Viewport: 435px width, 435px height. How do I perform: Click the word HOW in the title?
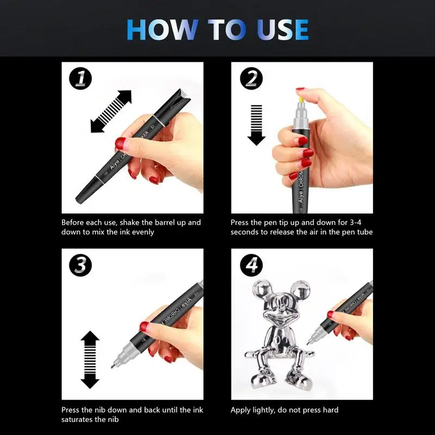pos(163,30)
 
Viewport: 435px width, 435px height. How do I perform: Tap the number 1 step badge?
pos(80,78)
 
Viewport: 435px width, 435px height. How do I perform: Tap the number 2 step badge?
pos(251,78)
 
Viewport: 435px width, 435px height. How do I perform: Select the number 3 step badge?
pos(80,265)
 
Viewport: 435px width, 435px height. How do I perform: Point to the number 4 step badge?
pos(251,265)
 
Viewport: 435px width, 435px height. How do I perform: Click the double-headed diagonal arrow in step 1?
pos(111,111)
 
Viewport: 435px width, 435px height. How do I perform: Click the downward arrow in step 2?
pos(256,125)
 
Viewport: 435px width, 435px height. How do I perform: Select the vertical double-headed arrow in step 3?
pos(90,359)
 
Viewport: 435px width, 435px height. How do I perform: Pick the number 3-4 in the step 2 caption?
pos(356,222)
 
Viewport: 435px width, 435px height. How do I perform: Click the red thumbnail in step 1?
pos(120,144)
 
